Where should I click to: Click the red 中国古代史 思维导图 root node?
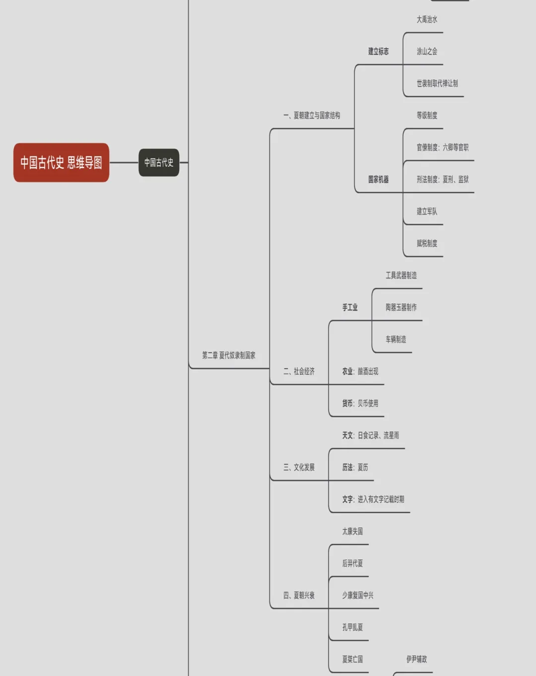click(61, 162)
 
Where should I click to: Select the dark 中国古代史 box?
click(159, 162)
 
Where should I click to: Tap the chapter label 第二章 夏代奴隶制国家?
click(229, 355)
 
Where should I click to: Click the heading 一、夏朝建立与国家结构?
click(312, 115)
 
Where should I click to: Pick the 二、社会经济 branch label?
click(299, 371)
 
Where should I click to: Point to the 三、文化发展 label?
click(299, 467)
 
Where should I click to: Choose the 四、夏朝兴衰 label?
click(299, 595)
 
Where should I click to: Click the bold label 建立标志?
click(378, 51)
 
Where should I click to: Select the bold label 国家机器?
click(378, 179)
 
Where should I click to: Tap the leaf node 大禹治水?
click(427, 19)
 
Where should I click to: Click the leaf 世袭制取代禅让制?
click(437, 83)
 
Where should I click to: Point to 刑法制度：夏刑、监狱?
click(442, 179)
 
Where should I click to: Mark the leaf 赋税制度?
click(427, 243)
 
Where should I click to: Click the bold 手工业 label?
click(349, 307)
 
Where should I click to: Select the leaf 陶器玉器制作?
click(401, 307)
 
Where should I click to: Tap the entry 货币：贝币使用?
click(360, 403)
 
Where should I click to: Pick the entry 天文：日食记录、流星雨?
click(370, 435)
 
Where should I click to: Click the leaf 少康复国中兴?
click(357, 595)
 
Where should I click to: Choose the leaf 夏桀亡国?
click(352, 659)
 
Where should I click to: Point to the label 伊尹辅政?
click(416, 659)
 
